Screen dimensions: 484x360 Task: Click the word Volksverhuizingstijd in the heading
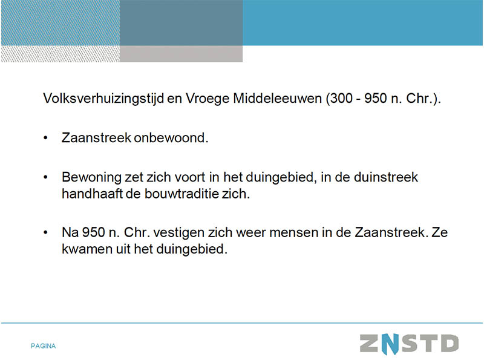point(103,99)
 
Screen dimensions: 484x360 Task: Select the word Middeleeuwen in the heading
point(278,98)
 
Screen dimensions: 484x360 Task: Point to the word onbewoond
point(171,138)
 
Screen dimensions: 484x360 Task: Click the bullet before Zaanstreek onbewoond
point(46,138)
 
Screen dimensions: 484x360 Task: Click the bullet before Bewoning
point(46,177)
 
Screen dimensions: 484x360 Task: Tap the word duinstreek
point(385,177)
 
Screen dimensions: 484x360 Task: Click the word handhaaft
point(92,194)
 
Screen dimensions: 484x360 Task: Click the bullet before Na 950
point(46,232)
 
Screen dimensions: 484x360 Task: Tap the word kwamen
point(87,249)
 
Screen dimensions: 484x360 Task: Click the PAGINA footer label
point(43,346)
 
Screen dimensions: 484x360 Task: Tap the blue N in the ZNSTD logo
point(390,344)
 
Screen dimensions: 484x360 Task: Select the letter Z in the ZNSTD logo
point(369,343)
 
